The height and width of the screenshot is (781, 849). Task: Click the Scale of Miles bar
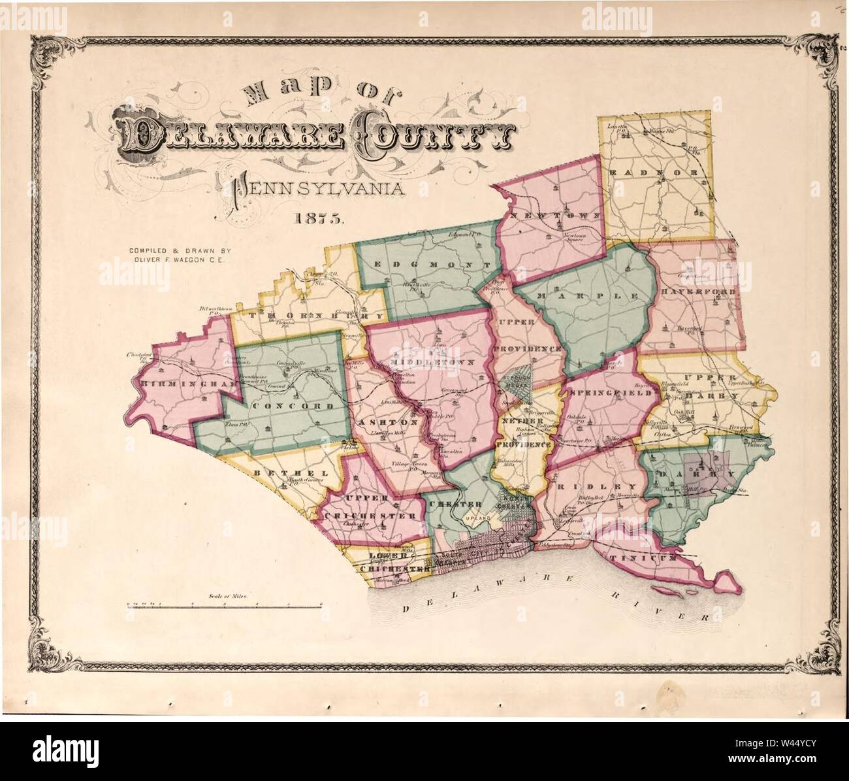coord(225,607)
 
